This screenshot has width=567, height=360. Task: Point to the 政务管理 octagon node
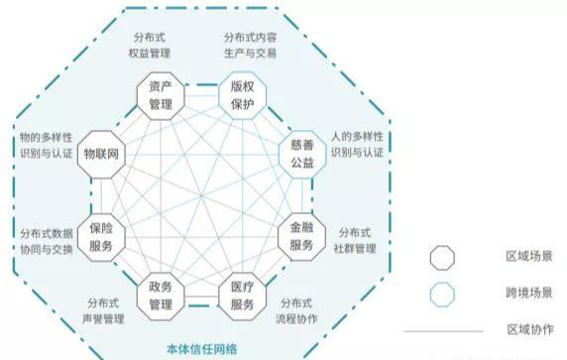(161, 295)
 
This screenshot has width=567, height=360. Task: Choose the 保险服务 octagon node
(102, 235)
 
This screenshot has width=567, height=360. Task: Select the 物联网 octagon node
(102, 154)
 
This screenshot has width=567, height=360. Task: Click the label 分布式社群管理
(357, 239)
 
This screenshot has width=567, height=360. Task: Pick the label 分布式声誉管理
(104, 311)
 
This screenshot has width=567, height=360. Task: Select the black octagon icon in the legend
(442, 258)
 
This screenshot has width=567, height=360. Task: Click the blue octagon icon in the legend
(442, 295)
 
